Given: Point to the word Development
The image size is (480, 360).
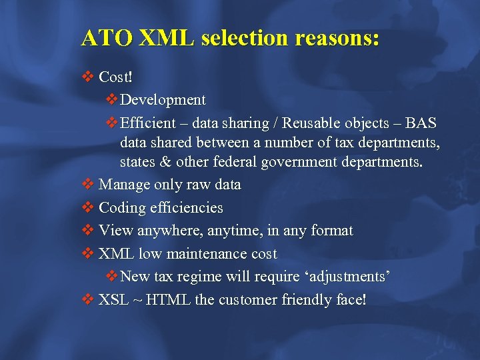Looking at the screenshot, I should [163, 100].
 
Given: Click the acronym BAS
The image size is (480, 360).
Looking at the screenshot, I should [421, 123].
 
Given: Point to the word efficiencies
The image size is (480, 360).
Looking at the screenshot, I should [186, 208].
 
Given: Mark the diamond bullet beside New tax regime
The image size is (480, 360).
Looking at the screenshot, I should [112, 277].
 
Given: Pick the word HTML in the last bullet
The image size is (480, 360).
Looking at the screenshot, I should [169, 300].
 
